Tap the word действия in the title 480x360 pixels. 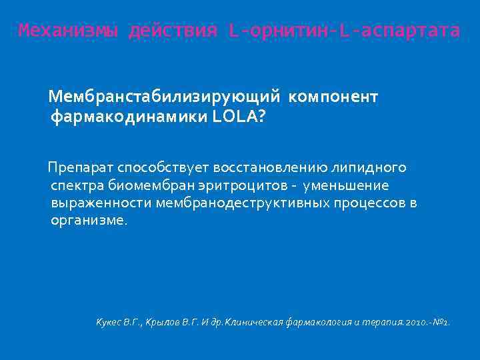[x=174, y=31]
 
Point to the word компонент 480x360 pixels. [x=333, y=97]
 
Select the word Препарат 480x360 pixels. [x=79, y=167]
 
